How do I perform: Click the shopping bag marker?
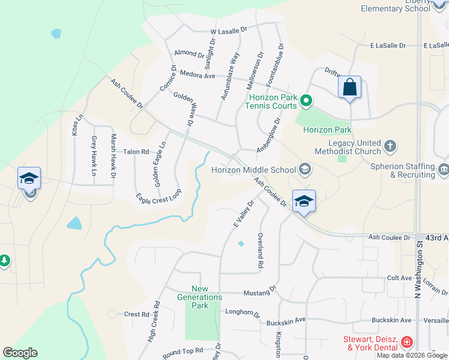coord(349,89)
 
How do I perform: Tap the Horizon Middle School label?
coord(253,170)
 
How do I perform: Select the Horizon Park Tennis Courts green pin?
coord(306,100)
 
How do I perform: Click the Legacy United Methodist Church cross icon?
coord(390,146)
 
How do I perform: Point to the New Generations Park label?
coord(200,297)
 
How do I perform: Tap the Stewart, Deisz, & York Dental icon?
coord(407,343)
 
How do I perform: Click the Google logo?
coord(20,353)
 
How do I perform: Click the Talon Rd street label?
coord(136,152)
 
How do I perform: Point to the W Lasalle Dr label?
coord(229,30)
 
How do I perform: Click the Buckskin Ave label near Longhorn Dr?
coord(286,320)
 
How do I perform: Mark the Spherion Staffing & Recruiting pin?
coord(444,168)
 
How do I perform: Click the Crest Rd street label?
coord(136,314)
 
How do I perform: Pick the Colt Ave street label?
coord(399,278)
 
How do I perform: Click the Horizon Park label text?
coord(327,130)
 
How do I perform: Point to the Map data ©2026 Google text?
coord(412,355)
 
